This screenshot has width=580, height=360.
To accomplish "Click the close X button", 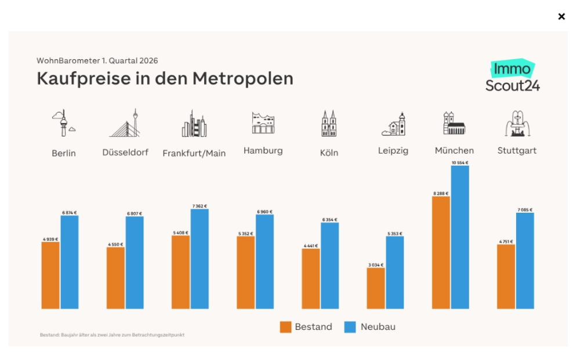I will click(561, 16).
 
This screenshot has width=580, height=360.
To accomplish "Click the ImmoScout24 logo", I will click(513, 77).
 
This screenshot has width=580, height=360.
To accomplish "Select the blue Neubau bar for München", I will click(460, 237).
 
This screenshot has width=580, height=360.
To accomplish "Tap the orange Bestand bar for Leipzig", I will click(376, 288).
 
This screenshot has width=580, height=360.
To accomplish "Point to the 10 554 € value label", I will click(460, 163).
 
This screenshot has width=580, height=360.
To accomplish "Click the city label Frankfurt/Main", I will click(194, 154).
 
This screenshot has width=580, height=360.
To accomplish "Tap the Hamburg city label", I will click(263, 151).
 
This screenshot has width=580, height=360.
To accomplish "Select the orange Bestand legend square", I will click(285, 327).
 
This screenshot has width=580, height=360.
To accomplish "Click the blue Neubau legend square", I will click(350, 327).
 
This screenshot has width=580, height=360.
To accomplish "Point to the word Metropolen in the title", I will click(243, 78).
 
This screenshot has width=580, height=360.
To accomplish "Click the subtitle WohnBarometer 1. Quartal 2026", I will click(97, 60).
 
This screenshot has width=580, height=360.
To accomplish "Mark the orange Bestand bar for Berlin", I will click(50, 275).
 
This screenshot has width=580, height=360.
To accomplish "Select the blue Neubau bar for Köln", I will click(330, 266).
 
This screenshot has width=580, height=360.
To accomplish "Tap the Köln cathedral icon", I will click(329, 123).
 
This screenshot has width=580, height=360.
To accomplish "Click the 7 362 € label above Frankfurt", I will click(200, 206).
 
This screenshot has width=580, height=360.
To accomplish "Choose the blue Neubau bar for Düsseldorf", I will click(135, 263).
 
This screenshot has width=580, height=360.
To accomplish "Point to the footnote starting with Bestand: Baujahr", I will click(112, 335).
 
